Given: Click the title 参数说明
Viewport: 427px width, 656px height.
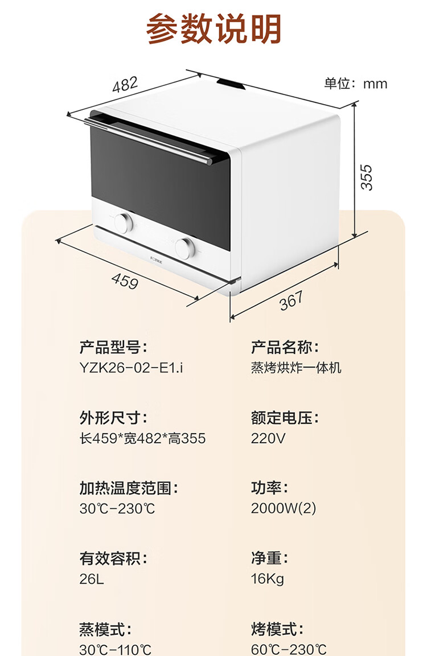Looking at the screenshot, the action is point(213,30).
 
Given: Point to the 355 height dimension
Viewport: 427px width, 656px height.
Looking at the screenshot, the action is point(368,177).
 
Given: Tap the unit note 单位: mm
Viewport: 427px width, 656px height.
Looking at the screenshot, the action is point(356,84).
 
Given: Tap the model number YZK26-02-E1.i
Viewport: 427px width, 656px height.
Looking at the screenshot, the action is point(132,368).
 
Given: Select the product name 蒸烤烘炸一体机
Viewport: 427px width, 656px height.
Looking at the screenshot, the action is point(296,368).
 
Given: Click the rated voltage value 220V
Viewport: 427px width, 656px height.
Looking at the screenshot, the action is point(268,438).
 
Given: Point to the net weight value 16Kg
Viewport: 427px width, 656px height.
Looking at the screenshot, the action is point(267,579).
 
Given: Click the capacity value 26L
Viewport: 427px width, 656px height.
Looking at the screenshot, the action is point(92,579).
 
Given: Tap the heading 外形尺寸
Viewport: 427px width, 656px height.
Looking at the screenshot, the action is point(113,418).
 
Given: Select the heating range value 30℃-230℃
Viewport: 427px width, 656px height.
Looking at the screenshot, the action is point(117,508).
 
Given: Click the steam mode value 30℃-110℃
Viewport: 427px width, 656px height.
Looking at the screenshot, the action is point(116,649).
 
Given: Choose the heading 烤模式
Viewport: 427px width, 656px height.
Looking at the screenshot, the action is point(277,629).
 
